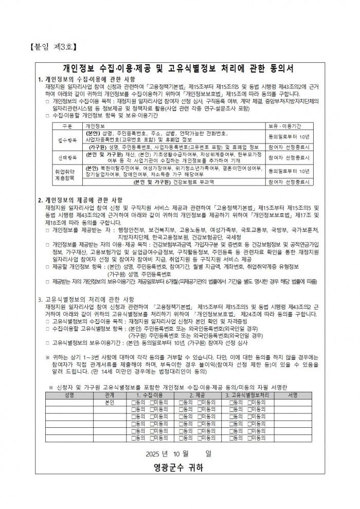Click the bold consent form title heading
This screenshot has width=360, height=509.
tap(178, 68)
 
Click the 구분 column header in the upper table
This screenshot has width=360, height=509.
tap(67, 125)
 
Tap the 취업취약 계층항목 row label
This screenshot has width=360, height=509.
tap(65, 174)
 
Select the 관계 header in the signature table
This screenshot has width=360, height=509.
tap(109, 395)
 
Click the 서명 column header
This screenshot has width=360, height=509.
tap(293, 395)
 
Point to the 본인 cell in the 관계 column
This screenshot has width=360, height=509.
tap(109, 403)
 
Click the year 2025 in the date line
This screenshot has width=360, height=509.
tap(154, 453)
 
